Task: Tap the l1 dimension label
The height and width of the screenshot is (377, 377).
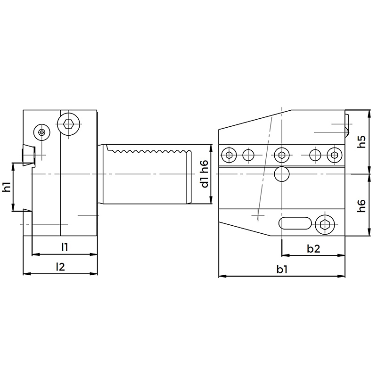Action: [x=65, y=247]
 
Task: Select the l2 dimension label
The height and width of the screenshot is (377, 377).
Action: [x=60, y=267]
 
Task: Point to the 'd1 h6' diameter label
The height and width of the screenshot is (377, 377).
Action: [x=205, y=174]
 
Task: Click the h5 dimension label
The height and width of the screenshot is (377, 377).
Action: [x=361, y=142]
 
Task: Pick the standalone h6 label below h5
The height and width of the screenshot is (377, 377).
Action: [x=361, y=205]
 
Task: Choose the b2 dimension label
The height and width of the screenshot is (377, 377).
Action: [x=313, y=249]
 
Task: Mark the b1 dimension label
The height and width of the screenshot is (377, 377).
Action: [x=282, y=270]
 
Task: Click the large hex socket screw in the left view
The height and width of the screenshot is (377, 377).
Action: [x=69, y=124]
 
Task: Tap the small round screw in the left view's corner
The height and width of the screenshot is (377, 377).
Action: [x=42, y=132]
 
